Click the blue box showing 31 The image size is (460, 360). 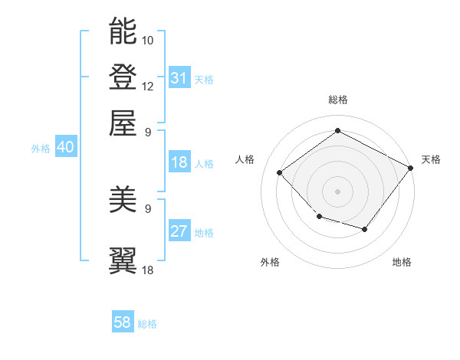click(179, 77)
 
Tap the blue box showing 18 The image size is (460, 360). click(179, 162)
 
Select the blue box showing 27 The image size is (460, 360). click(179, 231)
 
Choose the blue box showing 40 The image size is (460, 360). click(65, 148)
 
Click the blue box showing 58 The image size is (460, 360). click(123, 322)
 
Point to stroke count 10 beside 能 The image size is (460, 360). click(148, 40)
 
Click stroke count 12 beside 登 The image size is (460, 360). click(148, 86)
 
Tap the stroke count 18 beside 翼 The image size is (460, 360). click(148, 270)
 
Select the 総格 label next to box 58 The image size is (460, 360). click(147, 324)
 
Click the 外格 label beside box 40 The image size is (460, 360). click(41, 149)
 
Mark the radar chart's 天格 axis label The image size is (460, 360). click(431, 159)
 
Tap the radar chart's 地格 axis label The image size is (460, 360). click(402, 262)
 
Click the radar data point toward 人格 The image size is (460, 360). click(280, 172)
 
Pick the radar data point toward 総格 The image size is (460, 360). click(337, 131)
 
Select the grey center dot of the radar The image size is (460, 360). click(337, 191)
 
